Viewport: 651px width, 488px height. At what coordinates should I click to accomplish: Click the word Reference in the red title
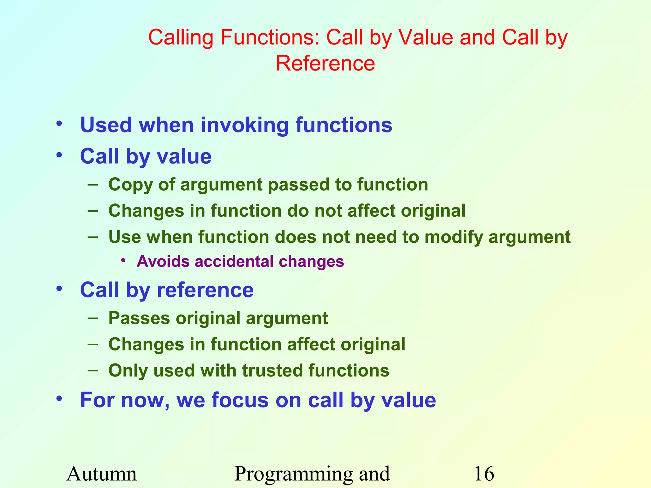point(325,63)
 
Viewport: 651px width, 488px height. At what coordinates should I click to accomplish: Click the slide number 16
point(484,474)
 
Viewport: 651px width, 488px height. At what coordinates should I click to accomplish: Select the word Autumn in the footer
point(102,474)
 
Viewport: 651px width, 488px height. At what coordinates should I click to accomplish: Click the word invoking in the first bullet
point(244,125)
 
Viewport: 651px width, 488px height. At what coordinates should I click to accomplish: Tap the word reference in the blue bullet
point(205,290)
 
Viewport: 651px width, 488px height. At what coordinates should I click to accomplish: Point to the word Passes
point(139,318)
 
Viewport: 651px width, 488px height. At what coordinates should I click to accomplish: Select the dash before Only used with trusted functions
point(93,370)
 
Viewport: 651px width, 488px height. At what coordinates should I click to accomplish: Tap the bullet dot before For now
point(59,398)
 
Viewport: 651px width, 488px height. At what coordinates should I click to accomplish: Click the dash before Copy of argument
point(93,185)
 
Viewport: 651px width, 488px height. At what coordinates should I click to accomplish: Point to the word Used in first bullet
point(106,125)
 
